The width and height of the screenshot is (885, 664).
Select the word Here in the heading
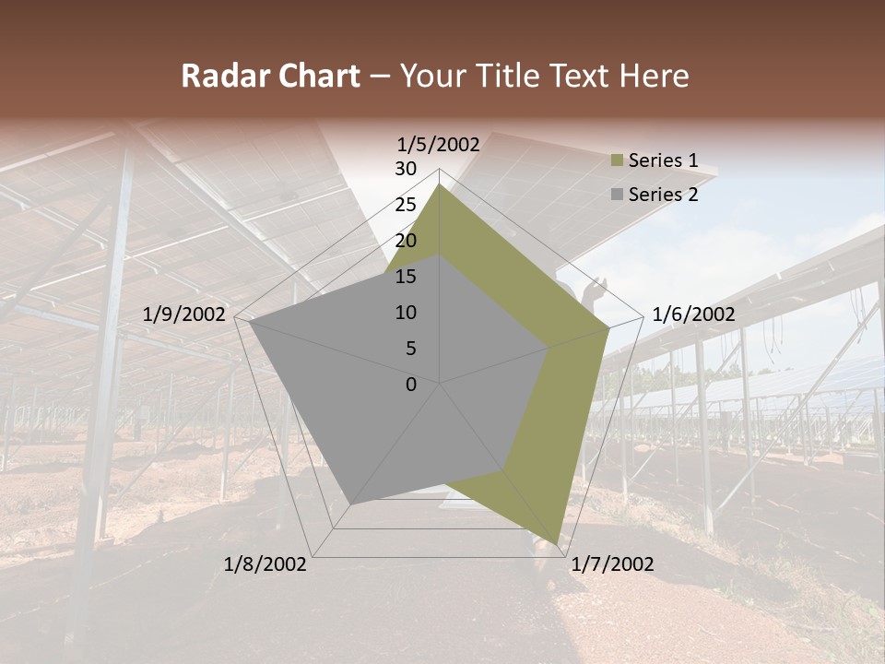coord(654,76)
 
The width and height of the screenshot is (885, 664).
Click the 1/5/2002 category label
coord(438,145)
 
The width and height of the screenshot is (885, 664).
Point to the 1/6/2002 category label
coord(693,315)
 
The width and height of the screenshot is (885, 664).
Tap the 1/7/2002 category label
coord(612,564)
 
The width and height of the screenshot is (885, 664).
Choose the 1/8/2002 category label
coord(265,564)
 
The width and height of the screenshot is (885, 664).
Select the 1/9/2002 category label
coord(183,315)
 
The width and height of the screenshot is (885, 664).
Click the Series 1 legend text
coord(663,161)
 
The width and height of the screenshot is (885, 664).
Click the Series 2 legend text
coord(663,195)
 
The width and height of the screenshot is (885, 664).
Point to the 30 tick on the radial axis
coord(406,169)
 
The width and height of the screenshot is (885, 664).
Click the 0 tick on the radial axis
coord(411,385)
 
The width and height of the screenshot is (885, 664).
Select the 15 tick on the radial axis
coord(406,277)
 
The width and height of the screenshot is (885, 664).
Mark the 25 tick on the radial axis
coord(406,205)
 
